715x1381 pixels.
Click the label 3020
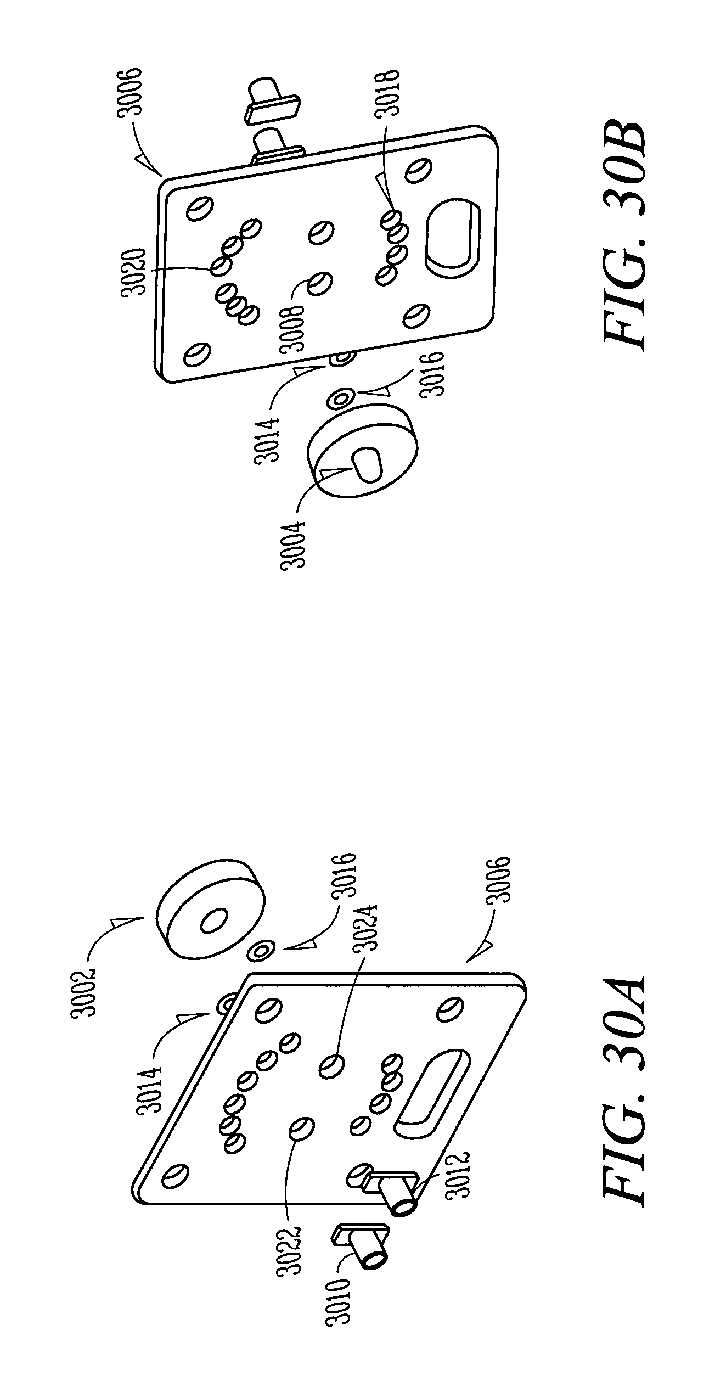click(x=135, y=272)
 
